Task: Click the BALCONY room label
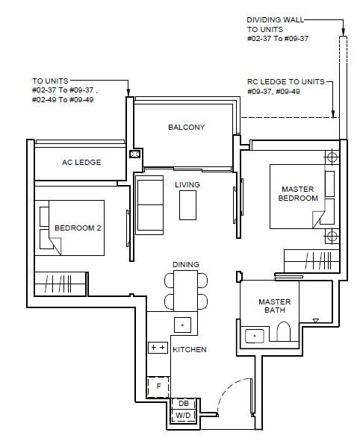[x=186, y=127]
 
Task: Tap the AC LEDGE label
[x=81, y=162]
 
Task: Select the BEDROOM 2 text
[x=78, y=228]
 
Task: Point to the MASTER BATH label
[x=274, y=306]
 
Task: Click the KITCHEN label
[x=190, y=350]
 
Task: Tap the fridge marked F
[x=158, y=387]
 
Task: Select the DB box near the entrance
[x=184, y=404]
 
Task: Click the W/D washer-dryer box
[x=184, y=416]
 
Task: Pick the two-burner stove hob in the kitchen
[x=158, y=348]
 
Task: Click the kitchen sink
[x=182, y=325]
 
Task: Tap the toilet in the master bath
[x=283, y=331]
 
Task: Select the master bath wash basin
[x=255, y=336]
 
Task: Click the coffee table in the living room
[x=187, y=205]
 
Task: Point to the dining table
[x=185, y=291]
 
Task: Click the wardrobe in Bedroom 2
[x=60, y=284]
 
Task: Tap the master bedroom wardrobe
[x=311, y=261]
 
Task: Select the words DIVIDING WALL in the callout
[x=276, y=20]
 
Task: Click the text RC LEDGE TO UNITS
[x=286, y=82]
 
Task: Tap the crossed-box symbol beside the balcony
[x=134, y=154]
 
